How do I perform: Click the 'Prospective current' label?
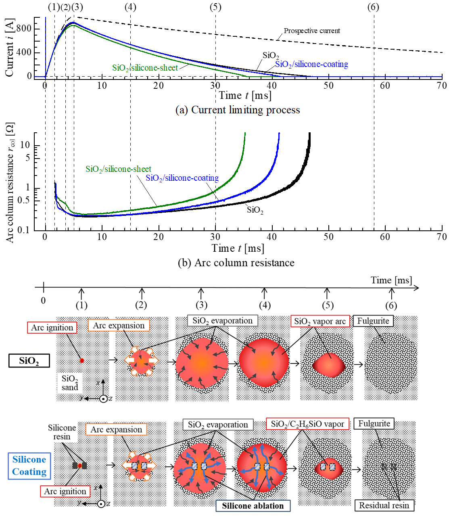(311, 31)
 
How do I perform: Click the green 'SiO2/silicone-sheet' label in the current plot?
(145, 68)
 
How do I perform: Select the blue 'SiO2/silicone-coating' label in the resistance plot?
(182, 178)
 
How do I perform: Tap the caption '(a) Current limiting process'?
(238, 110)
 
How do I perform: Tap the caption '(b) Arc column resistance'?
(236, 263)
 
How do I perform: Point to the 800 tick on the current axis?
(24, 29)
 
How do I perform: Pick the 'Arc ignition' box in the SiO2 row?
(52, 328)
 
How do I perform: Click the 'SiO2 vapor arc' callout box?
(319, 321)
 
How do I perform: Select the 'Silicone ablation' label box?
(253, 506)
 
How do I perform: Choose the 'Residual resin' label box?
(384, 505)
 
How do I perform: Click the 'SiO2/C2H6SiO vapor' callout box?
(307, 424)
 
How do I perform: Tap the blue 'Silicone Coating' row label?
(29, 466)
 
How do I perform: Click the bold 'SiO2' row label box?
(29, 360)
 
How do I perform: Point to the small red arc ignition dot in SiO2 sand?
(82, 360)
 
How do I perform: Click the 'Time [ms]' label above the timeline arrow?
(391, 280)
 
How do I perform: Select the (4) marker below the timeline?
(265, 305)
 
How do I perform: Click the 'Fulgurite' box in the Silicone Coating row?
(374, 424)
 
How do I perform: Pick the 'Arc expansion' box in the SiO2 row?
(119, 326)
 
